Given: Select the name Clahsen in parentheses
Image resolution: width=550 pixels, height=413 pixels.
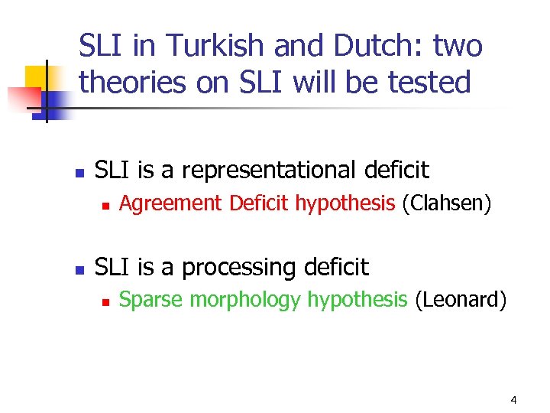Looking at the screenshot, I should tap(445, 203).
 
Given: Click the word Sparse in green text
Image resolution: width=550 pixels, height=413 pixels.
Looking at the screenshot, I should tap(151, 300).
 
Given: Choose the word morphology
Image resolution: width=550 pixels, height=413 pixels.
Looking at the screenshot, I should tap(245, 300).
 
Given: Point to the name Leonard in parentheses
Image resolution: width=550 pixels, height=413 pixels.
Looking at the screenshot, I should tap(461, 300).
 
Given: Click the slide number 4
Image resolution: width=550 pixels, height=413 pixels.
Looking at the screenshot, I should tap(513, 400).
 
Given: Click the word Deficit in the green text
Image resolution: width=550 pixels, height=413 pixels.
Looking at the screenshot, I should tap(260, 203).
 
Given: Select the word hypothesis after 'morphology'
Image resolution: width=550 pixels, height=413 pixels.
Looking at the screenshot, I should tap(357, 300).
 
